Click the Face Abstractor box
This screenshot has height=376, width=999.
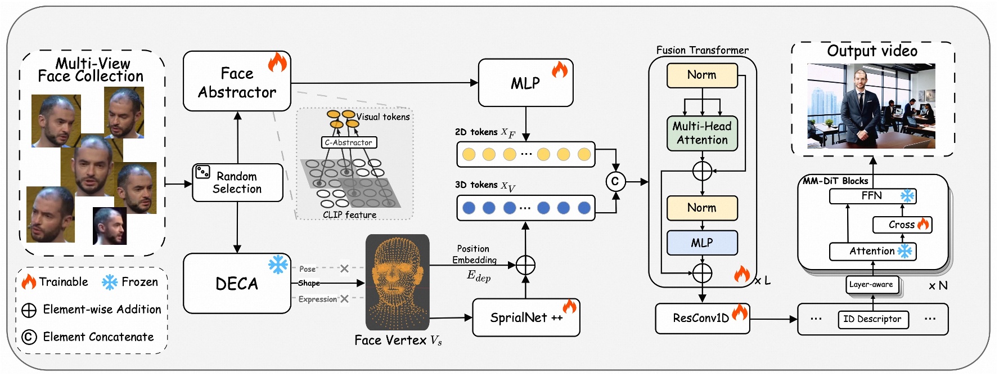[237, 82]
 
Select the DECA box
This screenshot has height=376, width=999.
[237, 283]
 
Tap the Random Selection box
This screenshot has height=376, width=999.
[237, 182]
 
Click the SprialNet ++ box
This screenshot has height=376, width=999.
[526, 317]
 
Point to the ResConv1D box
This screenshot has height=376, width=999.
[701, 318]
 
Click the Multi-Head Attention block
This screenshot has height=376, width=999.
[701, 133]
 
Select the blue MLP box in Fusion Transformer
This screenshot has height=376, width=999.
[701, 243]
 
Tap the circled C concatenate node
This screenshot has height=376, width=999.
[615, 181]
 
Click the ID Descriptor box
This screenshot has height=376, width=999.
[872, 319]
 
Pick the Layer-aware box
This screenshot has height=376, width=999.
[871, 284]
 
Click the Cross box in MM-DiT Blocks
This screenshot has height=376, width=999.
[902, 225]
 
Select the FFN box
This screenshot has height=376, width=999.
[872, 196]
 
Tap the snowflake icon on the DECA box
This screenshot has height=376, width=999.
[278, 265]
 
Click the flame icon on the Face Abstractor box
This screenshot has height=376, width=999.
[277, 62]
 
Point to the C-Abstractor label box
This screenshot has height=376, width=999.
[349, 142]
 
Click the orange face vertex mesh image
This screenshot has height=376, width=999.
[397, 281]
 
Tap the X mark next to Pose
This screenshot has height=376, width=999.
[344, 268]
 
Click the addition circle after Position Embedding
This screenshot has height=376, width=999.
[525, 265]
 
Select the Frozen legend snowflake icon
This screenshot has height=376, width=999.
[110, 282]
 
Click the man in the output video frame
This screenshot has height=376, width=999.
[860, 107]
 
